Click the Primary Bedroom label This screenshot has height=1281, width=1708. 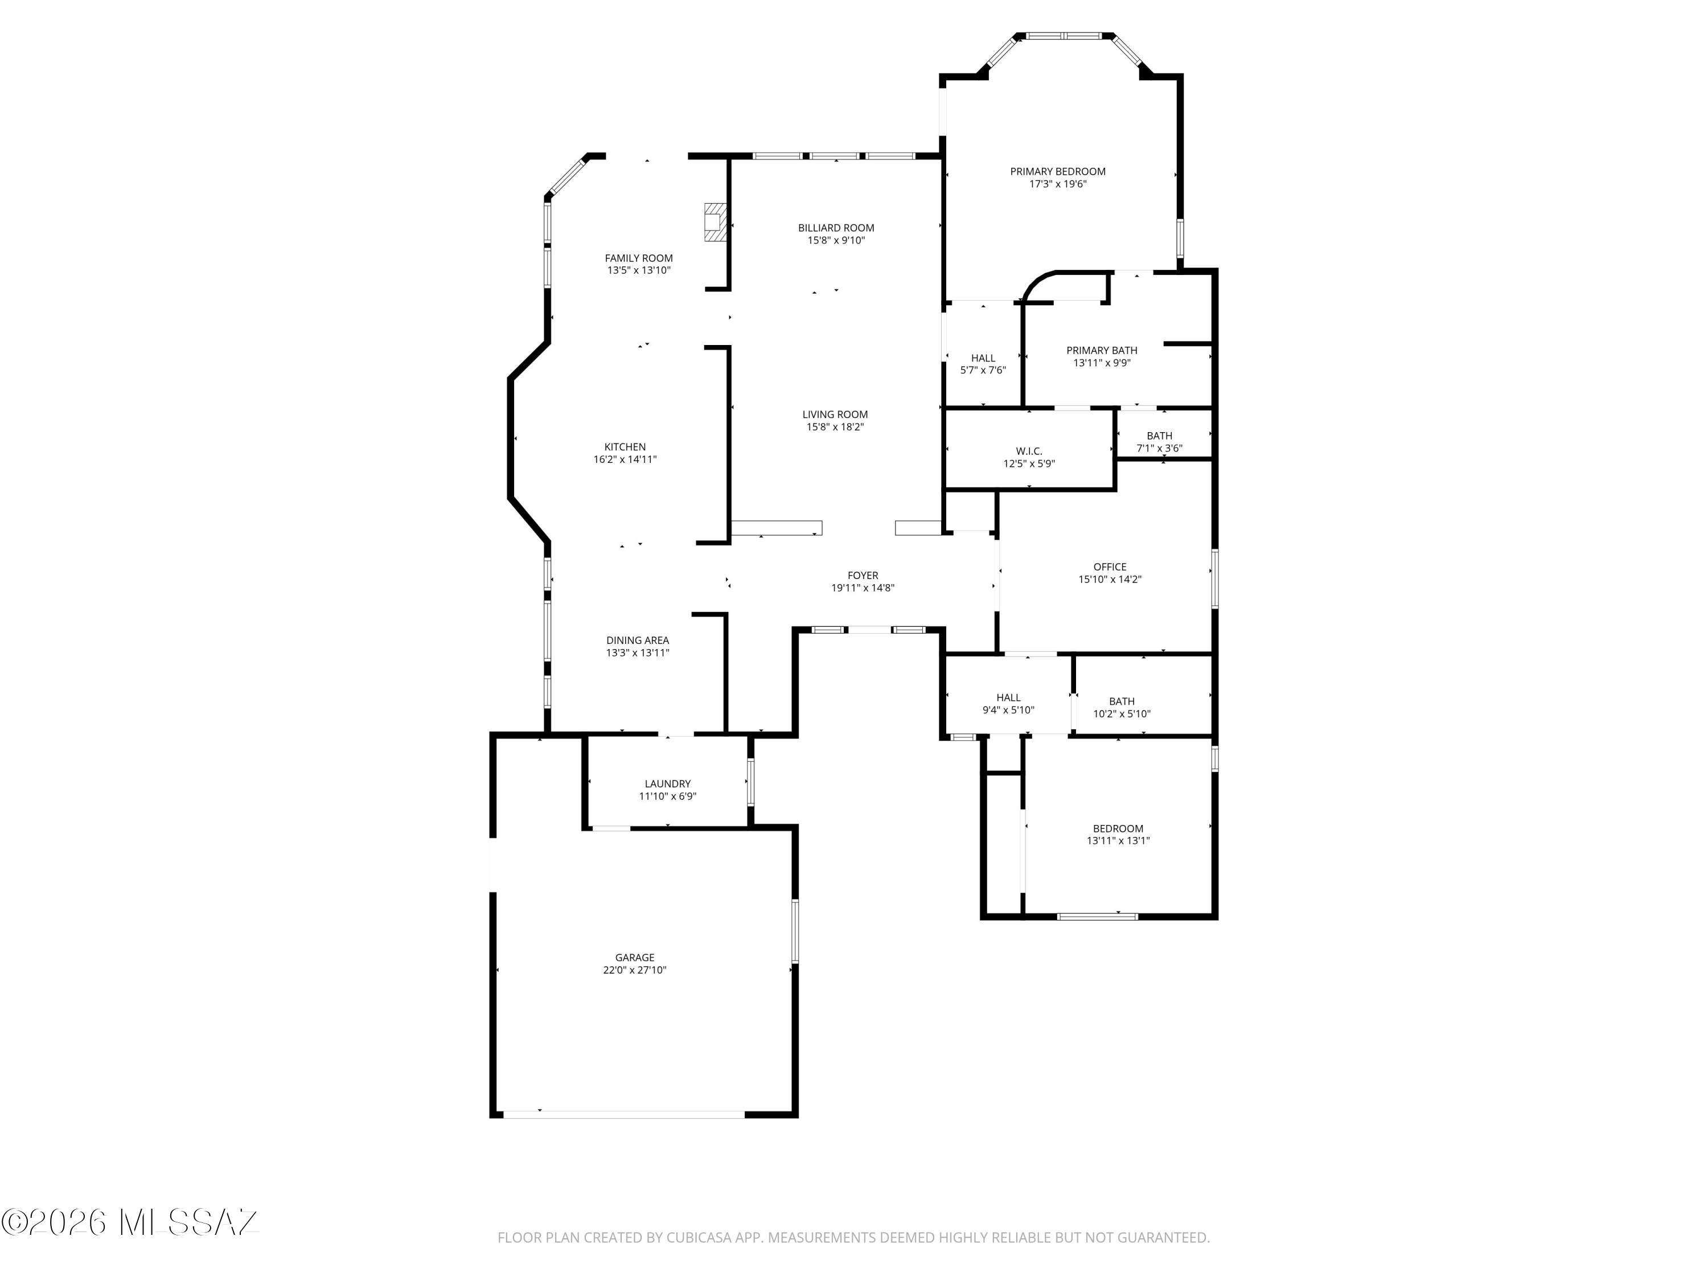coord(1058,171)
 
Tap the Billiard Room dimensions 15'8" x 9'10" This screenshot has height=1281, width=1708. coord(836,240)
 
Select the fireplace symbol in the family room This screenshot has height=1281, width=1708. coord(716,223)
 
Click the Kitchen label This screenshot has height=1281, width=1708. coord(625,447)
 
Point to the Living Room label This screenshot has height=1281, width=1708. coord(835,414)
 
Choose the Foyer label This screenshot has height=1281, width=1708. coord(863,575)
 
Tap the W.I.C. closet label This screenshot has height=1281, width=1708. coord(1029,451)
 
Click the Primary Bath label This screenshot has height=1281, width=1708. coord(1102,351)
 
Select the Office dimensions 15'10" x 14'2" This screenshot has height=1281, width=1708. coord(1110,579)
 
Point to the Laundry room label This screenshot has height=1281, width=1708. coord(668,784)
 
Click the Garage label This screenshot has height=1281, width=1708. coord(635,958)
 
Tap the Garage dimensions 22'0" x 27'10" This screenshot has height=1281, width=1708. coord(635,970)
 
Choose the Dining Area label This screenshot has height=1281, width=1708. coord(637,640)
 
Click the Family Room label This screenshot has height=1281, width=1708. coord(639,258)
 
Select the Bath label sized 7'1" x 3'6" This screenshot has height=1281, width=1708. coord(1159,436)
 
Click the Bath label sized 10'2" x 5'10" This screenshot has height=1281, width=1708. coord(1122,702)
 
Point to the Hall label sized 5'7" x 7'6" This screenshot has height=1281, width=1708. coord(983,358)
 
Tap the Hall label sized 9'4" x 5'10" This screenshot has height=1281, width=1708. coord(1008,698)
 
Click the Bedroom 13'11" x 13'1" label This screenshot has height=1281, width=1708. coord(1118,828)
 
